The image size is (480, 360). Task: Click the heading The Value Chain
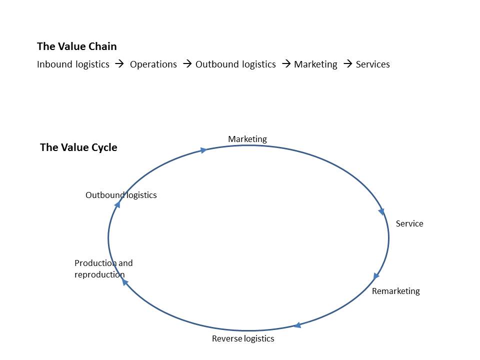pos(76,46)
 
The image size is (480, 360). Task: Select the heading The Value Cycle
pos(78,147)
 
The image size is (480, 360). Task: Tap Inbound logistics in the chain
pos(73,64)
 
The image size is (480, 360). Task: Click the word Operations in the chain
pos(153,64)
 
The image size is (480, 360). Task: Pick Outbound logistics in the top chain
pos(235,64)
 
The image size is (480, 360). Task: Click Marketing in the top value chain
pos(315,64)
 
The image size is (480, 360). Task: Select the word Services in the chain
pos(372,64)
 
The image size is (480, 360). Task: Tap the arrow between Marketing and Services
pos(347,64)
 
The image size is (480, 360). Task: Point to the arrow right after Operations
pos(187,64)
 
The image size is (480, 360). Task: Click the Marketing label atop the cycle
pos(247,139)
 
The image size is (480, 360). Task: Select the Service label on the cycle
pos(409,223)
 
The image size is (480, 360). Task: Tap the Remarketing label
pos(395,291)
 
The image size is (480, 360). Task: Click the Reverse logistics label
pos(243,338)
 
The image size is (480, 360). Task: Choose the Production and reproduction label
pos(103,268)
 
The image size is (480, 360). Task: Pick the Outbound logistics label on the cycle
pos(121,195)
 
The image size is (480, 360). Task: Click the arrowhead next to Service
pos(381,211)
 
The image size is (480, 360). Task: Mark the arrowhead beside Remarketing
pos(376,276)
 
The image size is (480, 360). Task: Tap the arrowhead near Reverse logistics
pos(297,325)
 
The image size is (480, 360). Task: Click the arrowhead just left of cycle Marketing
pos(203,150)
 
